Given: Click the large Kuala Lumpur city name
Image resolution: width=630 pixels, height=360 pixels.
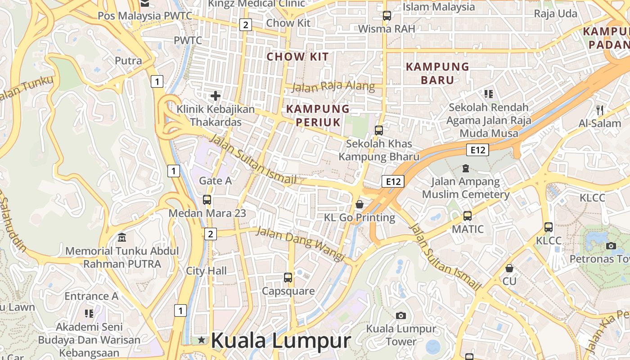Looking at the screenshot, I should tap(280, 341).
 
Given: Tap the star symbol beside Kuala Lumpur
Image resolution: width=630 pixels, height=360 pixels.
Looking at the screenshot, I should tap(201, 340).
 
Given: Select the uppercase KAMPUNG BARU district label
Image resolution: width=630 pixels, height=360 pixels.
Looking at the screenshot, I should tap(437, 73).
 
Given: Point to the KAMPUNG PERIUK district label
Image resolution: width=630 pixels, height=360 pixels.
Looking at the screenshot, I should tap(318, 115).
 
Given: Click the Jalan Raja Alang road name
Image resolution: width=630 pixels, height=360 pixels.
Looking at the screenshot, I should tap(333, 86).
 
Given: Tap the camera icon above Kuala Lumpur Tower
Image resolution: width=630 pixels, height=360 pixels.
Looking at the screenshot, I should tap(401, 315).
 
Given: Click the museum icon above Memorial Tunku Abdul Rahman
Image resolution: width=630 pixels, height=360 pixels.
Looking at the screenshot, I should tap(122, 237).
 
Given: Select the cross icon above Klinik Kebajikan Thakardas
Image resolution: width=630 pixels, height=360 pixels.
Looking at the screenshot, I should tap(216, 95).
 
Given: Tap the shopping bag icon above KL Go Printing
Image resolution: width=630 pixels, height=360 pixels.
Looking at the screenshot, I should tap(360, 204).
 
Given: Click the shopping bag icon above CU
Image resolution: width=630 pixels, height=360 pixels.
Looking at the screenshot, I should tap(509, 268).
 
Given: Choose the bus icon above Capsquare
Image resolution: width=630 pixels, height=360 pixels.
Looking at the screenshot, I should tap(288, 278).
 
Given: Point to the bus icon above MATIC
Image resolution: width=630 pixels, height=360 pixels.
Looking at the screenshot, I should tap(468, 216).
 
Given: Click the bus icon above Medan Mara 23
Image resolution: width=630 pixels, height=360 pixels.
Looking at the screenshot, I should tap(207, 199).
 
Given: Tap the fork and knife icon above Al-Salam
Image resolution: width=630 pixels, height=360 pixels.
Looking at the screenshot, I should tap(599, 110).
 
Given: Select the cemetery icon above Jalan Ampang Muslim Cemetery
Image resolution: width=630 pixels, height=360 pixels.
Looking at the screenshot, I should tap(466, 168).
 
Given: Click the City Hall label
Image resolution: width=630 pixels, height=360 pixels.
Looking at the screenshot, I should tap(207, 271).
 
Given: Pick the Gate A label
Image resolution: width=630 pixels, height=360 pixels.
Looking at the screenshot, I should tap(216, 181).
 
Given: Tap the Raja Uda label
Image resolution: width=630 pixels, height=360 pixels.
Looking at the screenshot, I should tap(555, 13).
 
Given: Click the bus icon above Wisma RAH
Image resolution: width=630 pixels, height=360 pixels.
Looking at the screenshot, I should tap(387, 16).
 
